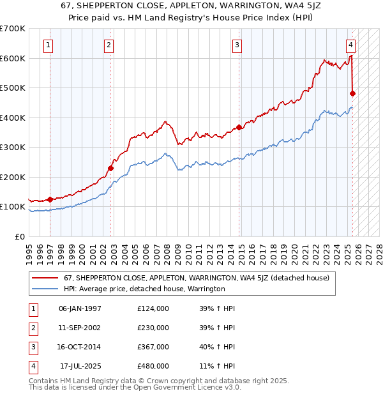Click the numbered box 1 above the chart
tap(49, 45)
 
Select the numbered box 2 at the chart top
tap(109, 45)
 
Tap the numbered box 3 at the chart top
tap(237, 45)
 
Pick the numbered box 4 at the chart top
tap(351, 45)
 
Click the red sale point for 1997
tap(50, 199)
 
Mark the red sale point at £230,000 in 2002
tap(110, 168)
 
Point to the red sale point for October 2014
tap(239, 127)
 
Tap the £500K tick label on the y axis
tap(13, 88)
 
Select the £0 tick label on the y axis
tap(19, 236)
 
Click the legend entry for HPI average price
tap(144, 289)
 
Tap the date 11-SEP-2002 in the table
tap(80, 328)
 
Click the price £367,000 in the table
tap(153, 347)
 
